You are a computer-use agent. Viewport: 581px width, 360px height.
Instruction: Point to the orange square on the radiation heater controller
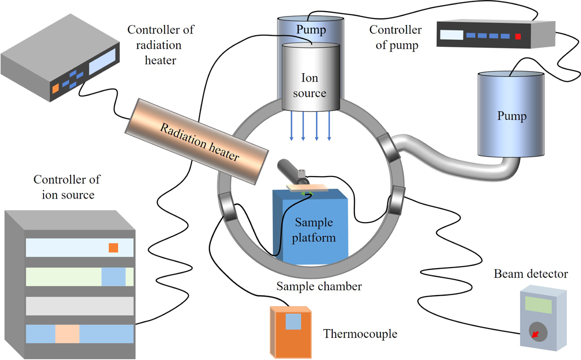coord(55,88)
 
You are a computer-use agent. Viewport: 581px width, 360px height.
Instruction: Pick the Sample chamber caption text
coord(319,286)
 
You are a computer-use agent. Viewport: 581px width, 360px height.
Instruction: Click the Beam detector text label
coord(531,274)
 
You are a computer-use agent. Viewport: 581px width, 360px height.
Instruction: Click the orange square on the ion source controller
coord(113,248)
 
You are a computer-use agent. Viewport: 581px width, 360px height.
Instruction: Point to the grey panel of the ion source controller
coord(79,306)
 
